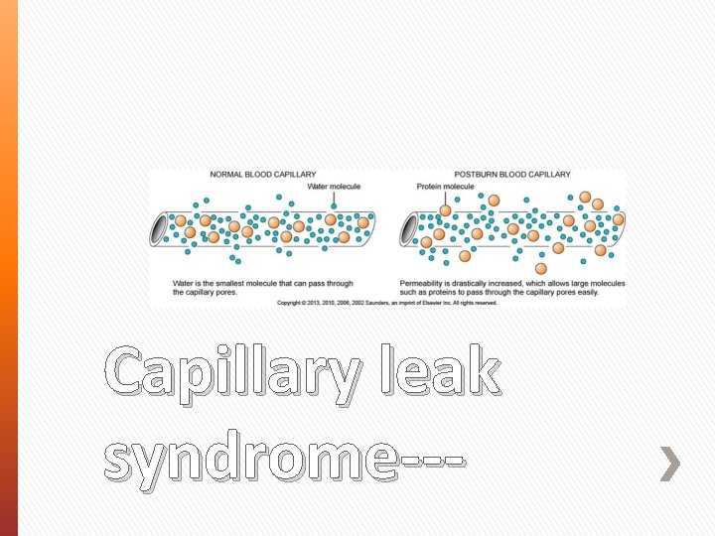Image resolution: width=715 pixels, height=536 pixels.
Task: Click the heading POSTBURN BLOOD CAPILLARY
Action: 512,175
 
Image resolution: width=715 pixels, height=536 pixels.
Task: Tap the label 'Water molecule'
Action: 334,187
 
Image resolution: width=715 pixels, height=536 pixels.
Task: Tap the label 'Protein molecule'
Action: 445,187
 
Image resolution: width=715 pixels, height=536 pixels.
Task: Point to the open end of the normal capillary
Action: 160,230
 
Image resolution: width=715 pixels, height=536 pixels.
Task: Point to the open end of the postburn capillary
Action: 409,230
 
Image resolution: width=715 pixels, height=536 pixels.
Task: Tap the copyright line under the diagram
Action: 386,303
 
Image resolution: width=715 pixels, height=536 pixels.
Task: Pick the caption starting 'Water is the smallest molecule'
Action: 262,288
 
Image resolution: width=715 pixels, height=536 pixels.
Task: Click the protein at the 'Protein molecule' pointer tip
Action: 446,210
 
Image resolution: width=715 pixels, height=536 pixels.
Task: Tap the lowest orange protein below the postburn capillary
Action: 540,268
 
